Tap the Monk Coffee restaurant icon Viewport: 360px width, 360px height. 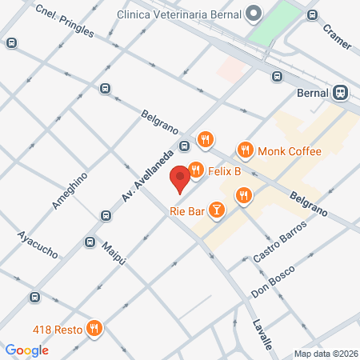[245, 150]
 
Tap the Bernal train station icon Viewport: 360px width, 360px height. [342, 92]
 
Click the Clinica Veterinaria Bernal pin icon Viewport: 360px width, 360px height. [254, 12]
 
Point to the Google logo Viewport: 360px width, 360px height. [26, 350]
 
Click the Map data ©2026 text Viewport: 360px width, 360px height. [325, 354]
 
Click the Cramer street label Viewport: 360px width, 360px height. [338, 35]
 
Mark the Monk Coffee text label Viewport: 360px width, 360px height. [289, 151]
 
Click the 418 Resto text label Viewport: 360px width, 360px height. [59, 328]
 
